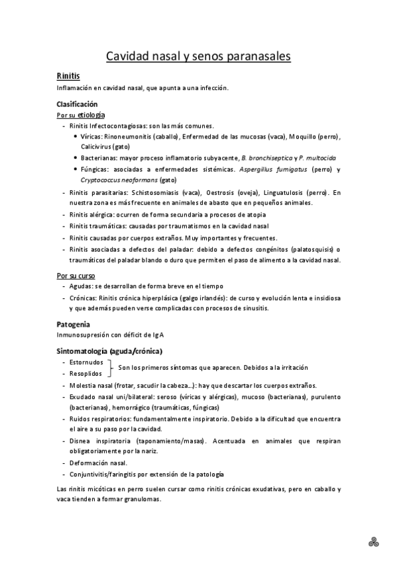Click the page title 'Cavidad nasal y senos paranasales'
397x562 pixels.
point(198,57)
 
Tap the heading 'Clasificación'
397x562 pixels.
point(77,104)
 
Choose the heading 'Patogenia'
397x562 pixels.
point(74,324)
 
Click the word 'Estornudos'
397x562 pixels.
point(86,363)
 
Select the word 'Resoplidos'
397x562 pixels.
point(86,374)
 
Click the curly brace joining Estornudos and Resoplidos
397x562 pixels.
point(110,368)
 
